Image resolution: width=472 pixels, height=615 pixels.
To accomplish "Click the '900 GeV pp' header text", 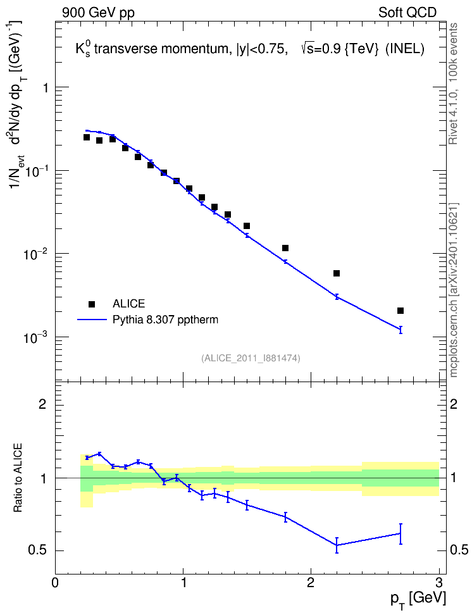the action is (x=98, y=13).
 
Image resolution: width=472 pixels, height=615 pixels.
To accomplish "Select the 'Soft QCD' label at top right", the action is (x=407, y=13).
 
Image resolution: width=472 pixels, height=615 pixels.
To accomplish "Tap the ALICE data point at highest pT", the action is (x=401, y=311).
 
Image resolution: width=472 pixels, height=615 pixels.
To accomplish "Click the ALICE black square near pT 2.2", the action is (x=336, y=273).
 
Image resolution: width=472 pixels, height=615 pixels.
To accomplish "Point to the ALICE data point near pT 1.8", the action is (x=285, y=248).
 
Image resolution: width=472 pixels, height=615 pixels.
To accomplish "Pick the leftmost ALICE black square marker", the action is (x=87, y=137).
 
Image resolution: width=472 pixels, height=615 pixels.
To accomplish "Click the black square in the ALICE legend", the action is (x=92, y=304).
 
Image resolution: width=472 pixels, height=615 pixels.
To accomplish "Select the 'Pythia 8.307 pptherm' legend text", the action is (x=165, y=320).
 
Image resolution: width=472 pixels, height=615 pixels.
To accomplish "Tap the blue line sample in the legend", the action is (x=92, y=320).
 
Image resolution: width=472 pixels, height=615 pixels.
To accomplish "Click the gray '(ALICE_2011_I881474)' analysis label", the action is (x=251, y=358).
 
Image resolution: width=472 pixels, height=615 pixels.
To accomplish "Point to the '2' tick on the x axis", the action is (x=311, y=581).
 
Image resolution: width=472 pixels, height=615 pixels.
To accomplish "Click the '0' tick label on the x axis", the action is (x=55, y=581).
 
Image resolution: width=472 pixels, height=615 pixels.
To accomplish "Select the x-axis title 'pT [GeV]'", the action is (x=418, y=600).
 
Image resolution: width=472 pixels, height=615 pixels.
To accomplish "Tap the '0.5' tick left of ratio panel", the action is (x=37, y=550).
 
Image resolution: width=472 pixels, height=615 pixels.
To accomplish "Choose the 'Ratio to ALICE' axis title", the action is (x=18, y=478).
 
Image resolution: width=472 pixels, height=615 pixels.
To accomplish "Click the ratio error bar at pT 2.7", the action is (x=401, y=534).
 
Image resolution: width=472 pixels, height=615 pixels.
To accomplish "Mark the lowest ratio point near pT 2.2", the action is (x=337, y=545).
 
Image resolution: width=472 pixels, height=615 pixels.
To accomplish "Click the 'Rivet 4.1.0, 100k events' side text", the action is (x=453, y=84).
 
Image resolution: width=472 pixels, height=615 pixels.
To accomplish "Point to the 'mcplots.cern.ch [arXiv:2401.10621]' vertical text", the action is (x=454, y=290).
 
